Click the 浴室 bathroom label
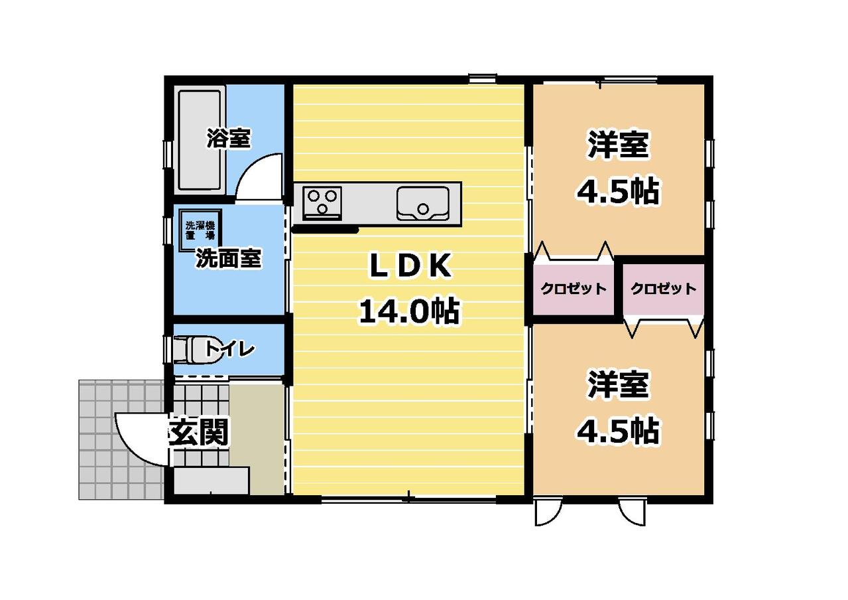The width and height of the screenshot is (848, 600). (228, 139)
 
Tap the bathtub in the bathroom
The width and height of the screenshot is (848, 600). (200, 140)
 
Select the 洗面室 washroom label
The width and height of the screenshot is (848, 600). (228, 259)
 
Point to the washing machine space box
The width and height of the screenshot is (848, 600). (200, 230)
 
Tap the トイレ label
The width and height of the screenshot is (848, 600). (229, 348)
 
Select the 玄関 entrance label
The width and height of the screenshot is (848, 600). (198, 432)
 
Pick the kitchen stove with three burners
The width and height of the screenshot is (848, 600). (322, 203)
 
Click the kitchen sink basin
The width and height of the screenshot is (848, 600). (423, 203)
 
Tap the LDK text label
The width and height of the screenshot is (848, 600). (410, 266)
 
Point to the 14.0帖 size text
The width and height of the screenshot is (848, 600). (410, 311)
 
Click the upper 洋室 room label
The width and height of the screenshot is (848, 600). (618, 145)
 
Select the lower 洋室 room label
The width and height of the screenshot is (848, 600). (618, 385)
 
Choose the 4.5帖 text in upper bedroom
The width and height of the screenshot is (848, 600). (618, 190)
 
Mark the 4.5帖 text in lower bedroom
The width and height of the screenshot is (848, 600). (618, 431)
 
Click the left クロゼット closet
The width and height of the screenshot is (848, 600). (574, 289)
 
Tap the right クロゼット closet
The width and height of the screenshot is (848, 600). (664, 289)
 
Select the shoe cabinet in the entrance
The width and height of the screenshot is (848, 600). (212, 481)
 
